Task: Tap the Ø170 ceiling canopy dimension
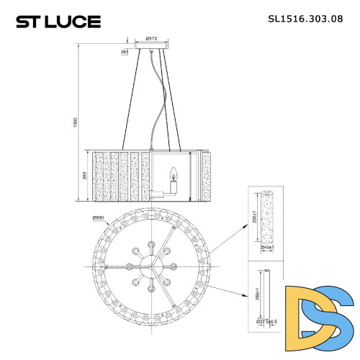tap(151, 37)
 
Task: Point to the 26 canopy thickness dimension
tap(125, 51)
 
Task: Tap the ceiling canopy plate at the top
tap(151, 50)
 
